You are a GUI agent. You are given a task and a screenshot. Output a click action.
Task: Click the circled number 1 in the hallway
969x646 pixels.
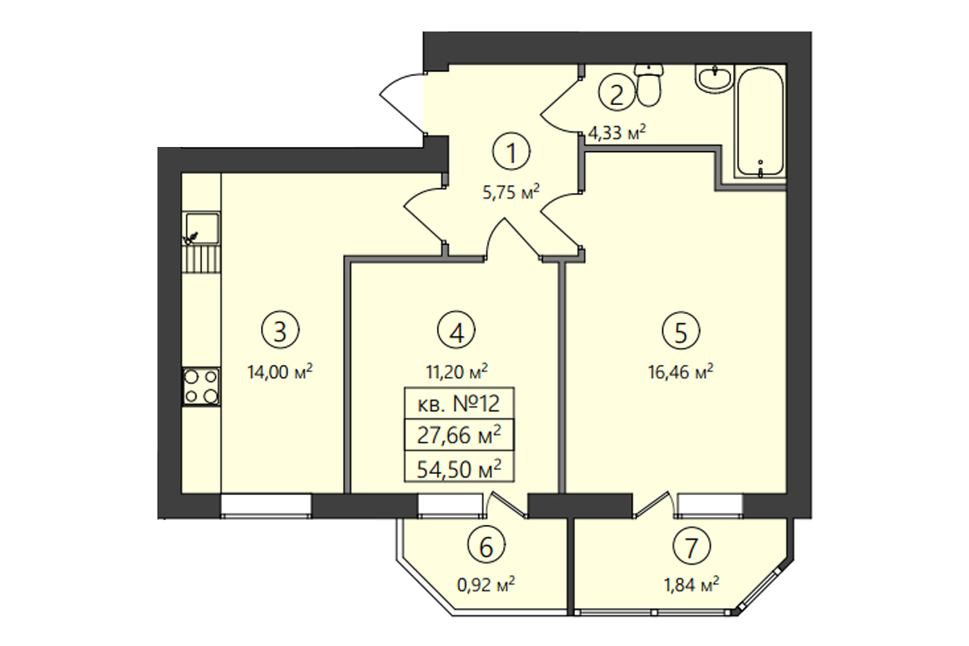(511, 153)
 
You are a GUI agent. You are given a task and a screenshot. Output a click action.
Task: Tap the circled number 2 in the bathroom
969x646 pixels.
(616, 95)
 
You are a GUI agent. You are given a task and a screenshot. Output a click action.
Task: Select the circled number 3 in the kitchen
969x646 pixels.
(280, 331)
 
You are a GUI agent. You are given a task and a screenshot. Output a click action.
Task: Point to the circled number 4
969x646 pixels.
(456, 331)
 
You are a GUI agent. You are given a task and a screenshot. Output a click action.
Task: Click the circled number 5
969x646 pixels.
(681, 331)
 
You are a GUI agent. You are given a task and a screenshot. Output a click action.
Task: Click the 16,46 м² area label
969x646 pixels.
(681, 371)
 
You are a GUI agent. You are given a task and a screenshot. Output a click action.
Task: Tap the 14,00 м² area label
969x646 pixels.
(280, 371)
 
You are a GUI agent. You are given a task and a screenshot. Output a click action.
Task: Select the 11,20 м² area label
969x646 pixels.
(457, 371)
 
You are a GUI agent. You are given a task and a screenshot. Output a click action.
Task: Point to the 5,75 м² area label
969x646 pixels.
(511, 191)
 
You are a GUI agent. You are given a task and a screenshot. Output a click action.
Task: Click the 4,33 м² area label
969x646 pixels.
(617, 133)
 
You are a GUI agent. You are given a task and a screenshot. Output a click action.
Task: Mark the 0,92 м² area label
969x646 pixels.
(486, 585)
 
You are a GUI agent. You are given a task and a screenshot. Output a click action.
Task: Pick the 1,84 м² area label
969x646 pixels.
(692, 585)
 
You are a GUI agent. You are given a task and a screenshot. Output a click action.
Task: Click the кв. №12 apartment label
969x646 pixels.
(459, 404)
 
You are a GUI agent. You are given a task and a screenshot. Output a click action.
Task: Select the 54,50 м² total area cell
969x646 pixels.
(459, 469)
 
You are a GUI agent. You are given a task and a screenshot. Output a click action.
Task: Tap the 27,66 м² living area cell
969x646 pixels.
(459, 436)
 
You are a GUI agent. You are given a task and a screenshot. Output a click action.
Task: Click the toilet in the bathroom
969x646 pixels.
(649, 86)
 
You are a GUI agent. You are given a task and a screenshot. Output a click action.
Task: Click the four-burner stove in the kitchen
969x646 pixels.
(201, 386)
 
